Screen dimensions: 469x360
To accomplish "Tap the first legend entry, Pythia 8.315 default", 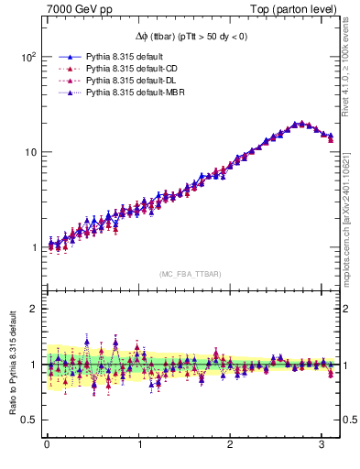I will click(x=113, y=57).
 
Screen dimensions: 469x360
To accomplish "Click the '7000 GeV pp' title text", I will click(x=74, y=10).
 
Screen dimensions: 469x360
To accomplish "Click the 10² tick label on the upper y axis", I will click(x=27, y=57).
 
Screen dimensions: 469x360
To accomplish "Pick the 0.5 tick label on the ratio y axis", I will click(x=28, y=420).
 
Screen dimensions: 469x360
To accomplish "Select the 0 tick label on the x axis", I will click(x=47, y=446).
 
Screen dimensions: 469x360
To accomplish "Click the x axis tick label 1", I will click(x=139, y=446).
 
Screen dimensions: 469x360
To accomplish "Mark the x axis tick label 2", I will click(x=231, y=446).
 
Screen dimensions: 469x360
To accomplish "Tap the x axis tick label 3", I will click(x=322, y=446).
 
